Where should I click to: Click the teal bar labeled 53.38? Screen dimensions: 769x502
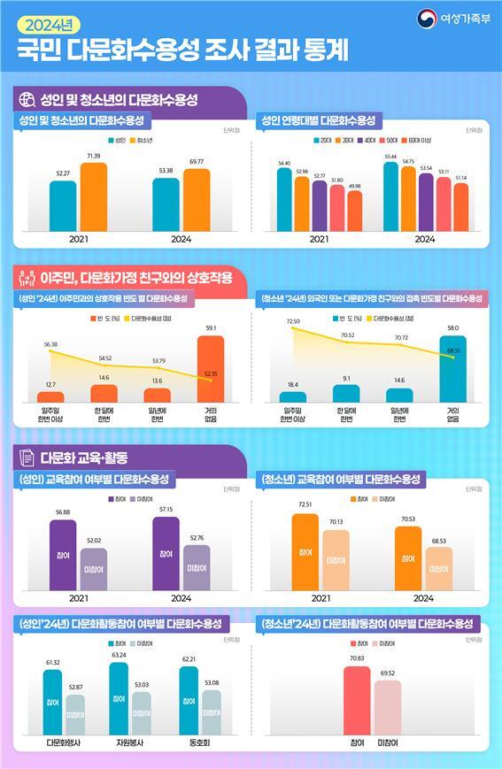pyautogui.click(x=166, y=204)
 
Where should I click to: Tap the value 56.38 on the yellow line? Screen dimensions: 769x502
pyautogui.click(x=50, y=344)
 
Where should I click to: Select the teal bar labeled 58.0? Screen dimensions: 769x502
pyautogui.click(x=452, y=369)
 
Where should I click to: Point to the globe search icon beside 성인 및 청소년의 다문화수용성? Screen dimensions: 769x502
pyautogui.click(x=27, y=99)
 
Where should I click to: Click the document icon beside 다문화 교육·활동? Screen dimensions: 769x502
pyautogui.click(x=27, y=458)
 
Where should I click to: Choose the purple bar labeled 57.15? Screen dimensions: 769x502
pyautogui.click(x=166, y=553)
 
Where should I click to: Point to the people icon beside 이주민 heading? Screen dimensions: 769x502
pyautogui.click(x=27, y=279)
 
